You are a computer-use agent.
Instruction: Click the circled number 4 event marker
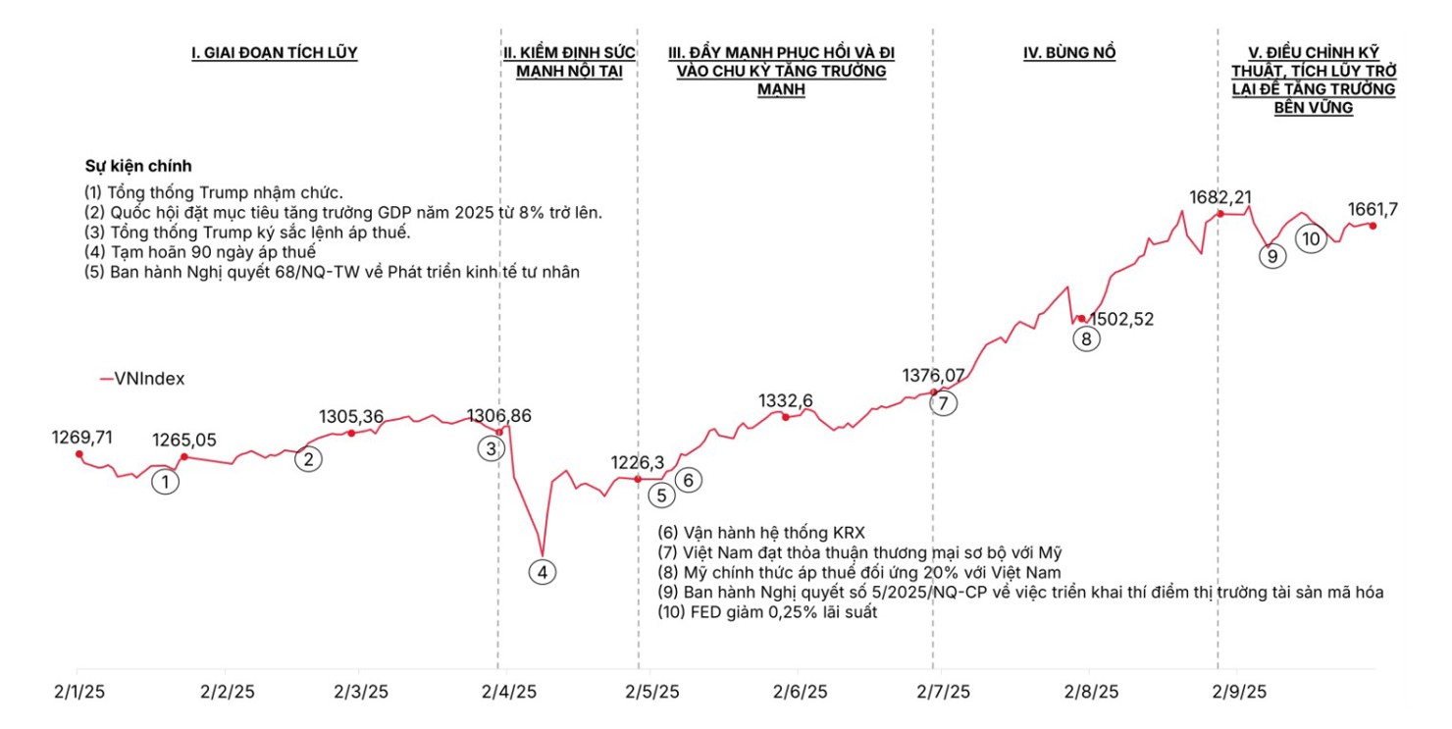point(543,571)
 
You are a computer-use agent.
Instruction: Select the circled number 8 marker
point(1086,338)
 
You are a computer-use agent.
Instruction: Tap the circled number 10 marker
point(1311,237)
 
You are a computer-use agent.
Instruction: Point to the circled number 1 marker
point(166,481)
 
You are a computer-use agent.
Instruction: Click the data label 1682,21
point(1220,197)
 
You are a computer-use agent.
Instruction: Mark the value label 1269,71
point(82,437)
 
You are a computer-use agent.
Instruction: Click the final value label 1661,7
point(1374,208)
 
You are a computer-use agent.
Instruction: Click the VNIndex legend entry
point(143,378)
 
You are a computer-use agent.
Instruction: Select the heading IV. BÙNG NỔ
point(1069,53)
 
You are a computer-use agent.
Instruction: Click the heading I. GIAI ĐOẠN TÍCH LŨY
point(274,53)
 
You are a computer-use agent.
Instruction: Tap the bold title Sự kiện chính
point(138,166)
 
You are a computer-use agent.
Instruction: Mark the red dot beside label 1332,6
point(785,418)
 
